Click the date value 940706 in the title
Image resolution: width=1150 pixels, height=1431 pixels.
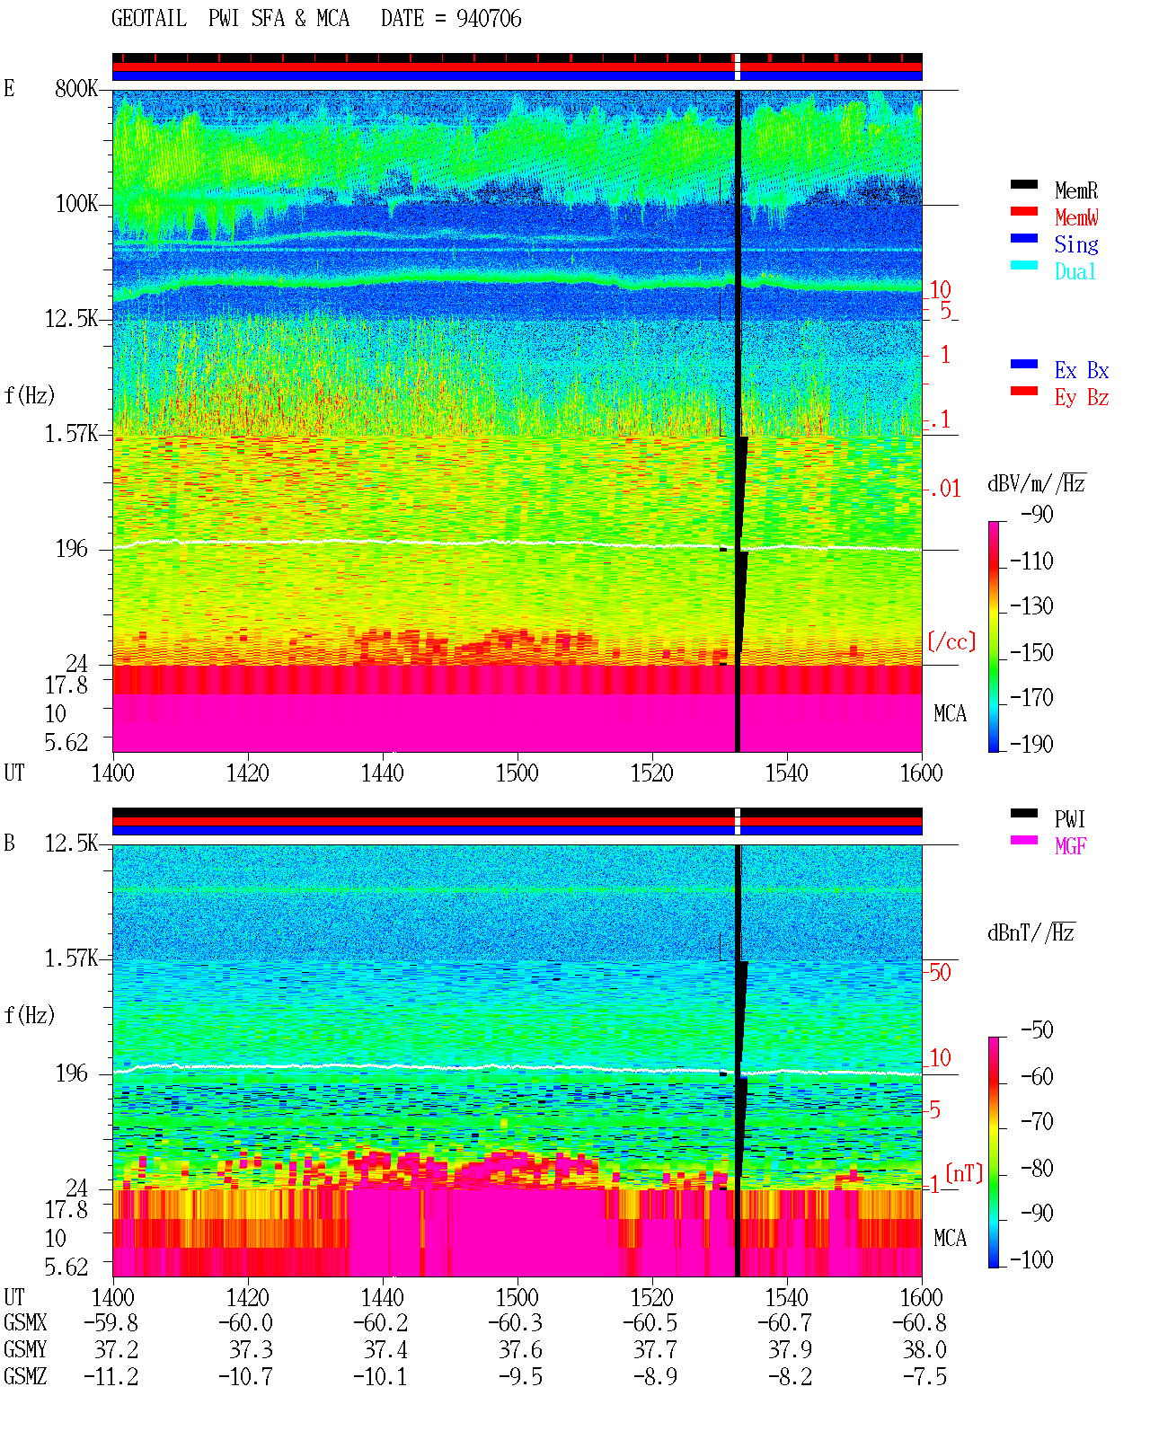[488, 19]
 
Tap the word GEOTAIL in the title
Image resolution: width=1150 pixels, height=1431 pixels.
[149, 19]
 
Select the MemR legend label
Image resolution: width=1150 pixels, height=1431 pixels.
[1075, 190]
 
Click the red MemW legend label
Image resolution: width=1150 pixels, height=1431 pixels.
[1075, 217]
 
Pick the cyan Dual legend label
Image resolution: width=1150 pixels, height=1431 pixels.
[1075, 271]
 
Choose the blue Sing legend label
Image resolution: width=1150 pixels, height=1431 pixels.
[1075, 244]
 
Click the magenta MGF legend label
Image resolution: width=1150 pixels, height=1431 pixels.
[1070, 846]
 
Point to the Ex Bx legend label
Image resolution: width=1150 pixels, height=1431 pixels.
[1082, 370]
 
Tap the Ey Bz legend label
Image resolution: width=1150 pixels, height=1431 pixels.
[1082, 398]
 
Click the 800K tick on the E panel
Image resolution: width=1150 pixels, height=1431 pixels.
[76, 88]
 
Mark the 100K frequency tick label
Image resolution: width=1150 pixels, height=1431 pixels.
[76, 204]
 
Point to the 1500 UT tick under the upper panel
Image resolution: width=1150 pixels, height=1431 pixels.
[517, 773]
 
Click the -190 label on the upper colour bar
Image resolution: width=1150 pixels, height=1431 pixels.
[1031, 744]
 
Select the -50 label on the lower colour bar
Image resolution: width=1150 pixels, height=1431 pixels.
[1037, 1030]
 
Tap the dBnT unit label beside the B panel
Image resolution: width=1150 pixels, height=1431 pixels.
[1031, 933]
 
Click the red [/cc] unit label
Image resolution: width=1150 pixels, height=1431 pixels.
[951, 641]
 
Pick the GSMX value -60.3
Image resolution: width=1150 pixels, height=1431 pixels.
[515, 1322]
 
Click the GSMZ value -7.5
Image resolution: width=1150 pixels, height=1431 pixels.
[924, 1376]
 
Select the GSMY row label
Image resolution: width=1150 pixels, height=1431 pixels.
[25, 1350]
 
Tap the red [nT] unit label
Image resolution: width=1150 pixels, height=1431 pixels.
[964, 1173]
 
